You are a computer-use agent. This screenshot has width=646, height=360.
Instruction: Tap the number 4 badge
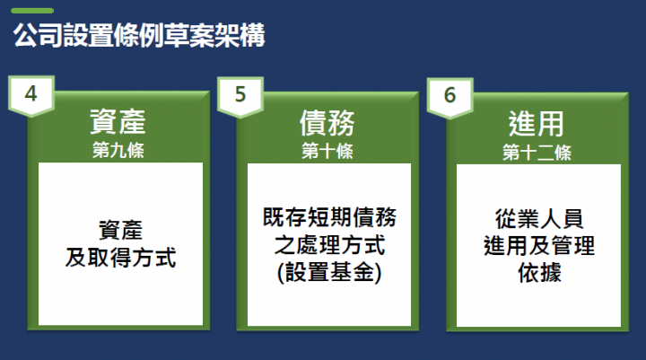click(31, 94)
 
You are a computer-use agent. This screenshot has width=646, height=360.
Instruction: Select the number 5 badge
click(240, 94)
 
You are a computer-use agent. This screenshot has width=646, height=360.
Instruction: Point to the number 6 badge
click(450, 94)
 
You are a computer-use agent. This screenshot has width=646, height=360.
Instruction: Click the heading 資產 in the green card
click(118, 122)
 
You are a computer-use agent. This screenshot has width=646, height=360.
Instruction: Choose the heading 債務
click(327, 122)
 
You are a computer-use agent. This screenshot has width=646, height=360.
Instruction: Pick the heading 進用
click(537, 122)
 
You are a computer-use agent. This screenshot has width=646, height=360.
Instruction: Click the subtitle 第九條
click(118, 149)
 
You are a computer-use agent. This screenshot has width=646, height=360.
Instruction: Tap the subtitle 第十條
click(327, 149)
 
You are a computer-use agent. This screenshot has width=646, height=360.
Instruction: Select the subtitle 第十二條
click(537, 149)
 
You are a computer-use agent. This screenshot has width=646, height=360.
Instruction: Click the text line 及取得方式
click(119, 259)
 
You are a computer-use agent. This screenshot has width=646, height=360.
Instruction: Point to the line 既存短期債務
click(329, 217)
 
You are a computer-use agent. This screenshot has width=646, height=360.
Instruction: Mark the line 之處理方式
click(329, 245)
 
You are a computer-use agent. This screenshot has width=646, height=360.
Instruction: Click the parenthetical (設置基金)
click(329, 273)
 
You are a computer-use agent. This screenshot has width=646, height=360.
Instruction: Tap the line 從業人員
click(538, 217)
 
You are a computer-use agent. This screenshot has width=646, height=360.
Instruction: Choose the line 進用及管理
click(538, 245)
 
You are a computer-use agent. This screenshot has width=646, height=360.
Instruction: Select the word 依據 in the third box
click(538, 273)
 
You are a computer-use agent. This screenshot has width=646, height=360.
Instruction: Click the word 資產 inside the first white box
click(119, 231)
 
